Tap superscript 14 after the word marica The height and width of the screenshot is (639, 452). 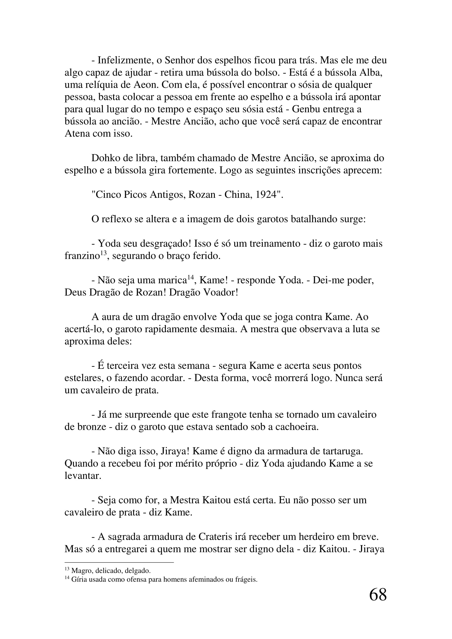click(190, 278)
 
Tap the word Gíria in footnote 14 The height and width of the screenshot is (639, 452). click(79, 580)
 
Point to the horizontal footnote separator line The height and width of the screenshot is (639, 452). click(119, 563)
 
